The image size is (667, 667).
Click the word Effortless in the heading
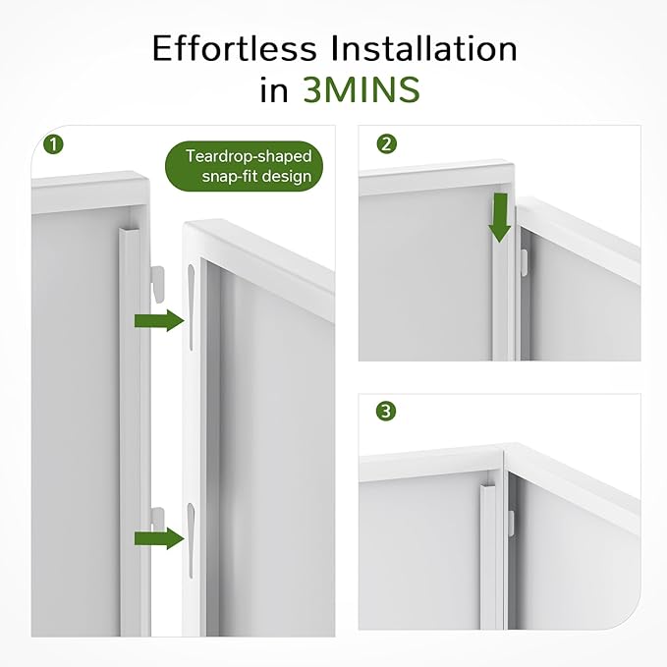pos(235,48)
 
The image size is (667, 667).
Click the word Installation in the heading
pos(423,48)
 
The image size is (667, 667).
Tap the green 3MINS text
pos(361,89)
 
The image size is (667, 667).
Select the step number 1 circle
pos(54,144)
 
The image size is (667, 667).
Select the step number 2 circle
pos(386,144)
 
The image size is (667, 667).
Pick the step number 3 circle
pos(386,412)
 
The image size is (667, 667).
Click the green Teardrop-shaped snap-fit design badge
pos(244,166)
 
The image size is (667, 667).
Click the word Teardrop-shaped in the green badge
pos(249,156)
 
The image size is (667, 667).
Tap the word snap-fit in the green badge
pos(229,176)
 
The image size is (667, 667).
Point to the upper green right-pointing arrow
pos(159,320)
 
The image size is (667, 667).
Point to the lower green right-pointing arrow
pos(159,538)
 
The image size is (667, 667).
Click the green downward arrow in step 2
pos(500,218)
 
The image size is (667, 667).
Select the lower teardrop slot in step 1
pos(191,540)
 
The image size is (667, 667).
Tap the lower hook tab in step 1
pos(158,519)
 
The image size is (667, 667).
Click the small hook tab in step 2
pos(525,262)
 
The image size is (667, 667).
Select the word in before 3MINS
pos(274,89)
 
